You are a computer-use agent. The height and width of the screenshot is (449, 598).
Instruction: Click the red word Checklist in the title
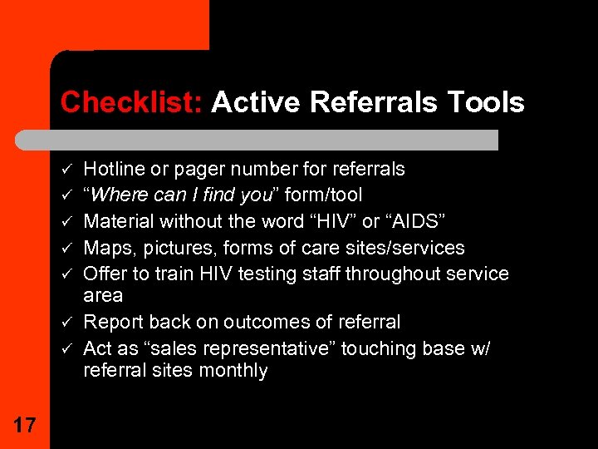131,101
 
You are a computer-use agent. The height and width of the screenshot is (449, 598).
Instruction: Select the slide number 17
25,425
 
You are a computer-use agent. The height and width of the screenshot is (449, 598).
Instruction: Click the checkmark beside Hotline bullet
66,168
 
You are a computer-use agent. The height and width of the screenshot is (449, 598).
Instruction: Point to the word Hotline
114,168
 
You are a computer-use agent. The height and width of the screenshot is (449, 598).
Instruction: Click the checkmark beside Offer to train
66,274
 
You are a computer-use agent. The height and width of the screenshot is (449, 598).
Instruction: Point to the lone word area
103,296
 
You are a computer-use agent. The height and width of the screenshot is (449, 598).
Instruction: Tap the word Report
113,322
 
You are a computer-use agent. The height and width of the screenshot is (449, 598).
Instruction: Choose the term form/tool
323,195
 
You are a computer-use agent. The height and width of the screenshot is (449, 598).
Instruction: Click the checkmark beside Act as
66,348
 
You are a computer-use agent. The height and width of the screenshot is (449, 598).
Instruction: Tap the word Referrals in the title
374,101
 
